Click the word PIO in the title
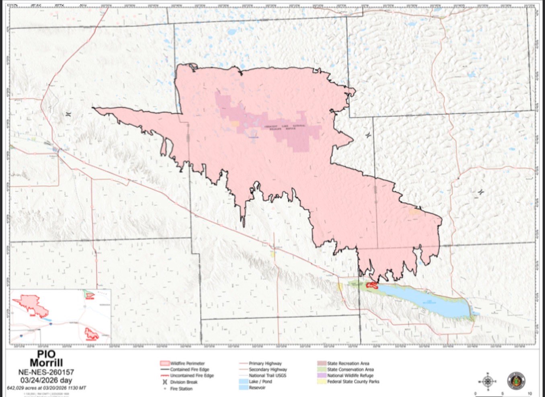click(46, 354)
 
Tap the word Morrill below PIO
click(46, 363)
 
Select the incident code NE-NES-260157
click(46, 372)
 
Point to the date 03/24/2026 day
click(46, 380)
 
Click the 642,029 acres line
click(46, 388)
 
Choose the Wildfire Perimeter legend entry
click(187, 363)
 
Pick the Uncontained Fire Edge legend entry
click(192, 376)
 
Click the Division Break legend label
click(184, 382)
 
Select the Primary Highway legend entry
click(265, 363)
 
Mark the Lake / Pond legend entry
click(260, 381)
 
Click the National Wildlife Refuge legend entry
click(350, 375)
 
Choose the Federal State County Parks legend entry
click(353, 381)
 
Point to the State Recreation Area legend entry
click(348, 363)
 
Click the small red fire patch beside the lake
click(372, 286)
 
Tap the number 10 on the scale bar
click(530, 393)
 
